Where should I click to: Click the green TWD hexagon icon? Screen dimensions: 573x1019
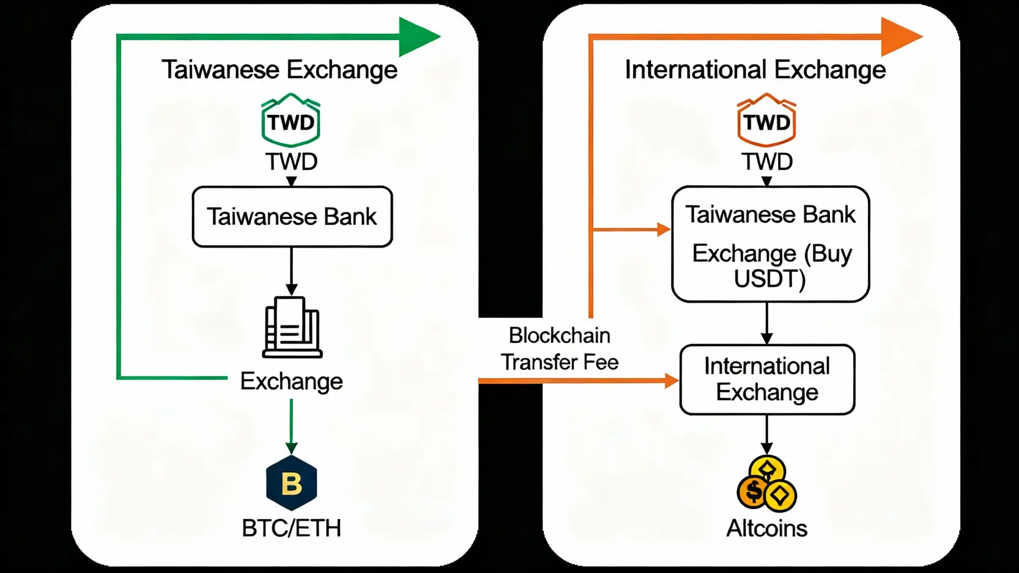291,120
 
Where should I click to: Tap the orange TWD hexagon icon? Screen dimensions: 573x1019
766,120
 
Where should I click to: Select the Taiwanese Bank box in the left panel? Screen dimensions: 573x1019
292,216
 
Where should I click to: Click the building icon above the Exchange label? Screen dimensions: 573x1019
292,327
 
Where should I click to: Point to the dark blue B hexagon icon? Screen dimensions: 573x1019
292,483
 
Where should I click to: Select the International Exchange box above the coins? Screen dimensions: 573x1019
767,380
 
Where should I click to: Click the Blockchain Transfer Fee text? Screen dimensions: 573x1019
560,349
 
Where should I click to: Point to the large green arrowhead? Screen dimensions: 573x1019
418,37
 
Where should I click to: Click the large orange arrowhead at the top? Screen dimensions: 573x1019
900,37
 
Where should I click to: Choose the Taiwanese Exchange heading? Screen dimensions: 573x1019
280,70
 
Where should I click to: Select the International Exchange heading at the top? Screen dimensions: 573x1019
755,70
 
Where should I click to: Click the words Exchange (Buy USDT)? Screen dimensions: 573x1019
771,265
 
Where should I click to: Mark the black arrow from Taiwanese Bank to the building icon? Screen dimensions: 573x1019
292,272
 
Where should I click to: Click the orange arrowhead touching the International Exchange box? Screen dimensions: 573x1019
672,381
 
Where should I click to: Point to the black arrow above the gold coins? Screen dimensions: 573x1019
766,435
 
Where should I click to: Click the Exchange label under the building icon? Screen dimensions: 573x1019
291,382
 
